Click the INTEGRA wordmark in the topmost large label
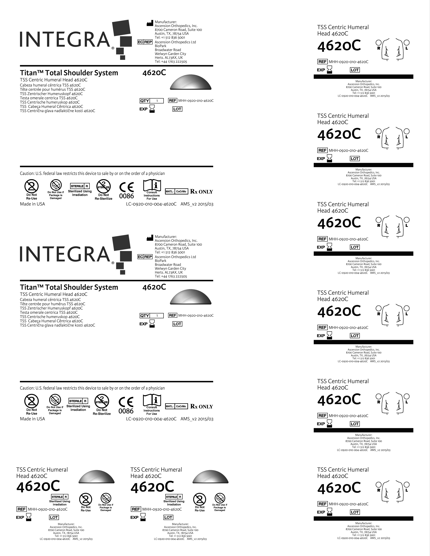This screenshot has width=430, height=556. [65, 39]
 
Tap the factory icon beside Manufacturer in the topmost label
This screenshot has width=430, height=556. [150, 23]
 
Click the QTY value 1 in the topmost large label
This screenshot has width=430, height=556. [157, 101]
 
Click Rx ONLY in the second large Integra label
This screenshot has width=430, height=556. [202, 407]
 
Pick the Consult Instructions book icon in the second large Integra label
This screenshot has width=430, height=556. [152, 400]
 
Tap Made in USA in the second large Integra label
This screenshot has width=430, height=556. [32, 419]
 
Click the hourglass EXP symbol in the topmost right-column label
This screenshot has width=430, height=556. [330, 69]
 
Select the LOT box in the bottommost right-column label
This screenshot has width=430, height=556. [355, 512]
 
